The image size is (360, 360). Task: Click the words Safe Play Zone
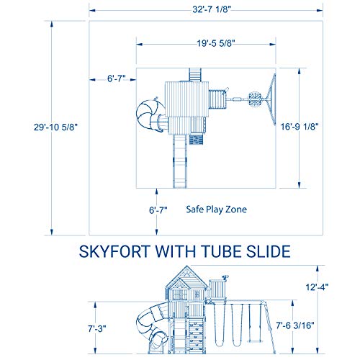pyautogui.click(x=216, y=210)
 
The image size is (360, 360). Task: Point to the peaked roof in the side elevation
pyautogui.click(x=179, y=277)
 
